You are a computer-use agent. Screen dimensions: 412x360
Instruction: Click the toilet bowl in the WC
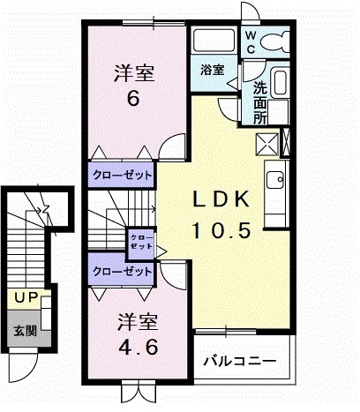click(x=277, y=40)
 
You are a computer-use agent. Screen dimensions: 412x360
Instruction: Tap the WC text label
click(x=251, y=41)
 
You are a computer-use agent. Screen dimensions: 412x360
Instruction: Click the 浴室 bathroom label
click(x=212, y=69)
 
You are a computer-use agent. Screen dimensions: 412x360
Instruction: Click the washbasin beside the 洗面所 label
click(x=281, y=86)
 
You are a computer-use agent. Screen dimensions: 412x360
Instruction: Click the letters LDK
click(x=222, y=199)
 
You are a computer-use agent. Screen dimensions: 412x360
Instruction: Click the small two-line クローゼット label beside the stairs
click(x=140, y=241)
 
